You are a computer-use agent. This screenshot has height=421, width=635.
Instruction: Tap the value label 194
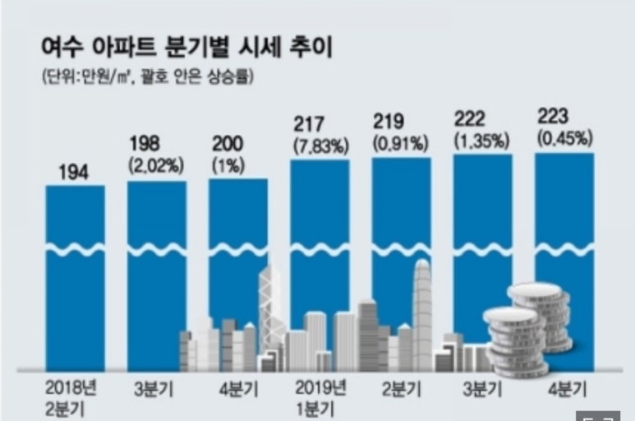(75, 173)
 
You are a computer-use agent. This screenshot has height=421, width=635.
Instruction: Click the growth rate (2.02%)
(154, 164)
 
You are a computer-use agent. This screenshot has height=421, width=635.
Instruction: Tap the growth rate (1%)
(226, 164)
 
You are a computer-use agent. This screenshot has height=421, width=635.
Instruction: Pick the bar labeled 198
(156, 271)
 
